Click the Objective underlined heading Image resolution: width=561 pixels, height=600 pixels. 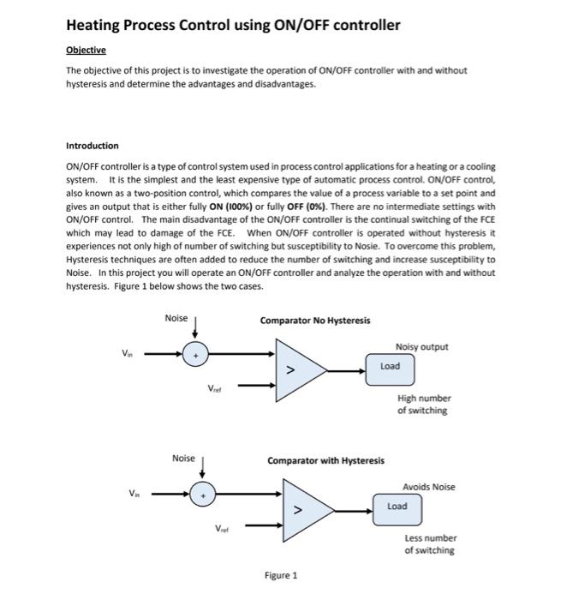86,51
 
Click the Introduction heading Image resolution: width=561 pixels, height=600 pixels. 93,146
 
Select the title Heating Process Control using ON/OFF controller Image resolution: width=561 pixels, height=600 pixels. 233,25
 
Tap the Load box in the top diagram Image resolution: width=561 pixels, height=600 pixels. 391,365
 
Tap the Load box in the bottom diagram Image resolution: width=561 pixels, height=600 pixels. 397,507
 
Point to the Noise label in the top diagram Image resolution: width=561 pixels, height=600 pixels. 176,318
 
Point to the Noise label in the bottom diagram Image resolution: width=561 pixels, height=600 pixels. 183,459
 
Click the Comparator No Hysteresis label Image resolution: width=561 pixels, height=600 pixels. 315,321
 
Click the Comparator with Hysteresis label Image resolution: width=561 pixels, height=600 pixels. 325,461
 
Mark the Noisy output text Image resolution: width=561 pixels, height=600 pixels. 421,346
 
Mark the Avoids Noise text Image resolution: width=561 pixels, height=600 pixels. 428,487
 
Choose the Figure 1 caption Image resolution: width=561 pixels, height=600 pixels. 282,575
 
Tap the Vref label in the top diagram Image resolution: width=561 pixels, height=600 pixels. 216,388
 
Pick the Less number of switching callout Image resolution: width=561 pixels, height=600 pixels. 430,544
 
